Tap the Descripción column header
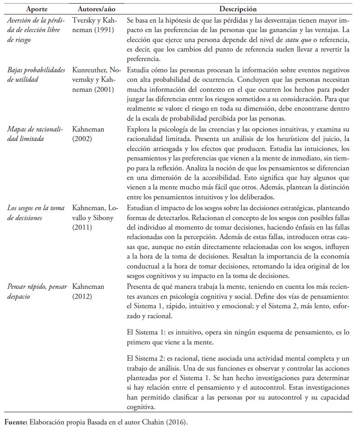point(238,9)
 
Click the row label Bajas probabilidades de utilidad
point(37,75)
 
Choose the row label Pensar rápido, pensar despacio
point(37,292)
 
